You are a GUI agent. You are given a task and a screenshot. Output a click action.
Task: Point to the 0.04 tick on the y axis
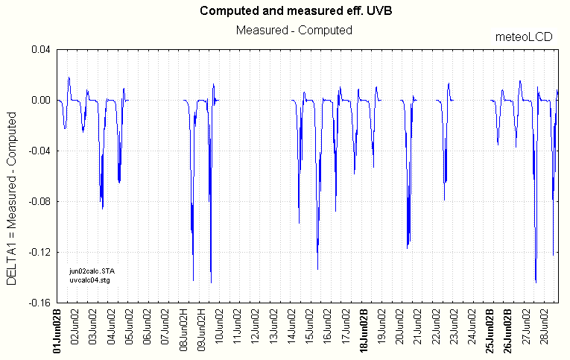tap(41, 50)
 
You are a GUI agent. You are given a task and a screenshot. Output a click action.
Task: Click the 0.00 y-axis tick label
tap(41, 101)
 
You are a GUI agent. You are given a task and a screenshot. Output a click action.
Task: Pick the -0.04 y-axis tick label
tap(39, 151)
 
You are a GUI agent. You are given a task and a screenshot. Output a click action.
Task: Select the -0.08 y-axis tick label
tap(39, 202)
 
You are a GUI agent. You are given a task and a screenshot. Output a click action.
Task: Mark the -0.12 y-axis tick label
tap(39, 253)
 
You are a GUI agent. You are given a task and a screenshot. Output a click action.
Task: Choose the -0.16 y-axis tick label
tap(39, 303)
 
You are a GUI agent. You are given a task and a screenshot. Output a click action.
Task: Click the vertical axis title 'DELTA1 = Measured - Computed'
tap(12, 198)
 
